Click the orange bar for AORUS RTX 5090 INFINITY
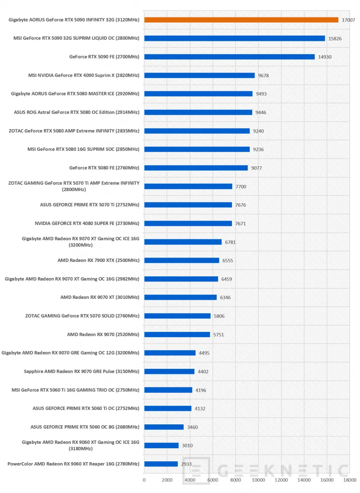(241, 20)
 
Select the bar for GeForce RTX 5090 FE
(230, 57)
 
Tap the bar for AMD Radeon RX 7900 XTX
(182, 260)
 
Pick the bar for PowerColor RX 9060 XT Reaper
(161, 464)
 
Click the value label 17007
(348, 20)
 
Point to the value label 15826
(335, 39)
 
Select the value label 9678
(264, 76)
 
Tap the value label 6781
(230, 242)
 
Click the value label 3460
(192, 427)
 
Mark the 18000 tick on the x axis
(350, 480)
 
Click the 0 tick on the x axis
(144, 480)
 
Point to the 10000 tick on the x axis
(258, 480)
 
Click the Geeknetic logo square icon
(196, 470)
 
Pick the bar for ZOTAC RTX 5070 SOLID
(177, 316)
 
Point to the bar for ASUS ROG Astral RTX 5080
(198, 112)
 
